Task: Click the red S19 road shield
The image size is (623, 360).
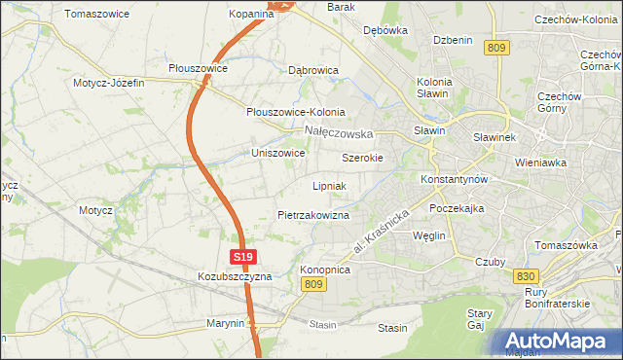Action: (243, 257)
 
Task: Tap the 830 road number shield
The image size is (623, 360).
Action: (527, 277)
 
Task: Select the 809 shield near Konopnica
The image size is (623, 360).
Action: (311, 283)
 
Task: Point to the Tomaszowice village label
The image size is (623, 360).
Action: (97, 14)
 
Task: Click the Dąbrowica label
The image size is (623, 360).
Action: (313, 70)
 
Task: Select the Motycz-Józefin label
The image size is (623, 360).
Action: (108, 83)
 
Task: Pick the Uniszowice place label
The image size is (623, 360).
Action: (278, 153)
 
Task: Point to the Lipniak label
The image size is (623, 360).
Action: (329, 185)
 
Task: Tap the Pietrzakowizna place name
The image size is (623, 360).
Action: (312, 214)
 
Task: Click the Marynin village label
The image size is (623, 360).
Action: (225, 323)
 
